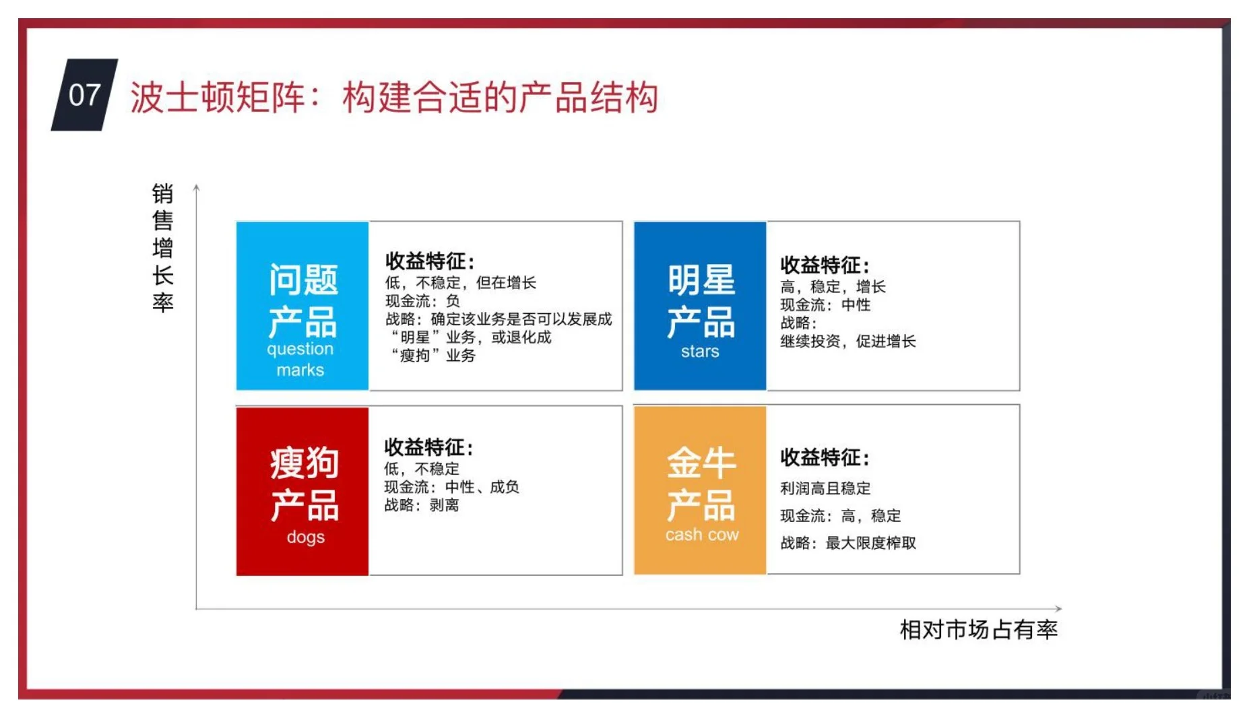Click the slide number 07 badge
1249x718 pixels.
(x=84, y=95)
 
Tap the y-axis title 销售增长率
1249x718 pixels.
(x=162, y=247)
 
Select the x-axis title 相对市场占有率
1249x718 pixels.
(x=978, y=630)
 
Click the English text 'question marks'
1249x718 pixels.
(x=300, y=359)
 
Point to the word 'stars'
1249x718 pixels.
(x=700, y=352)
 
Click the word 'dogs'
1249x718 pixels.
(x=305, y=537)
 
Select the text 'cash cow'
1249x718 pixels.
(x=702, y=535)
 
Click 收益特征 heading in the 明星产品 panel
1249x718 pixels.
(x=825, y=265)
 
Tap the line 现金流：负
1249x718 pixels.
(x=422, y=301)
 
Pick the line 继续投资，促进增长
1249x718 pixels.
(x=847, y=341)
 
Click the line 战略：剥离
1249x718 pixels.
(x=421, y=505)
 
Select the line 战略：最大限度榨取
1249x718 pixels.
(x=847, y=543)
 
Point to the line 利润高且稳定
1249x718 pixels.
(x=825, y=488)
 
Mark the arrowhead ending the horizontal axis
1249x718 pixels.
(x=1058, y=609)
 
